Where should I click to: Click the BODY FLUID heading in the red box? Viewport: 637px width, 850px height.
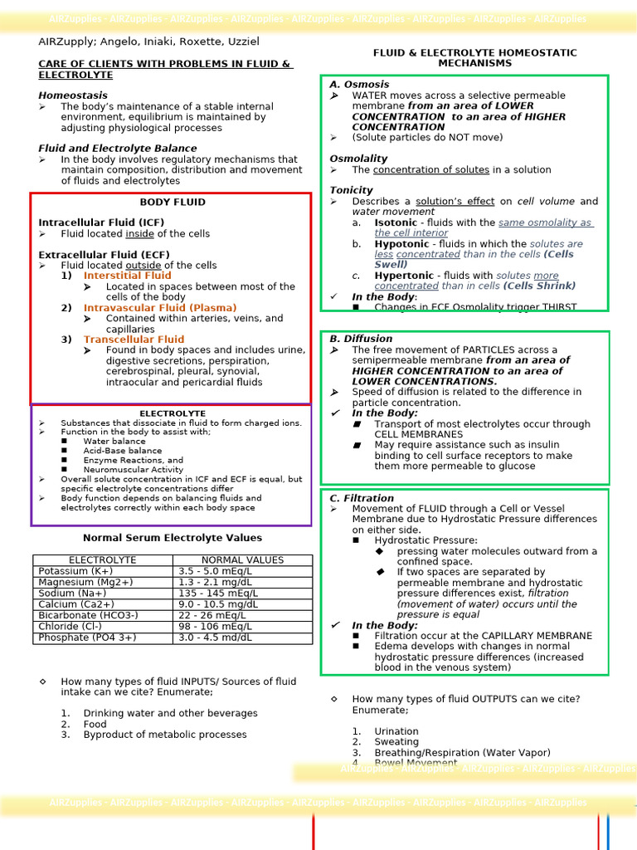pos(173,202)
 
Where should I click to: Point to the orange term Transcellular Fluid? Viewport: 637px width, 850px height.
pos(134,340)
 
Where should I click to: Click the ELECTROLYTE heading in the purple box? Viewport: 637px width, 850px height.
pos(172,413)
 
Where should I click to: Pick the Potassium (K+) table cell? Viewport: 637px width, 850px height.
pos(75,571)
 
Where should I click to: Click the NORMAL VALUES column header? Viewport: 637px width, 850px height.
pos(242,560)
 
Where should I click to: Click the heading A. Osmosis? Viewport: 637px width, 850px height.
pos(359,85)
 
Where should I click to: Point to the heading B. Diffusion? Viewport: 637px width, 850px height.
pos(361,339)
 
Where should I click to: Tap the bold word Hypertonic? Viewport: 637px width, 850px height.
pos(404,276)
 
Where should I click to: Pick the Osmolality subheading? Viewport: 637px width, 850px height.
pos(358,159)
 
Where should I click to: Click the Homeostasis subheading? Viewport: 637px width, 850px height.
pos(72,95)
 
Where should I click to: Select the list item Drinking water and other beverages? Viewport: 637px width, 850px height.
pos(170,713)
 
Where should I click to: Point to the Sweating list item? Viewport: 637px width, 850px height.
pos(396,742)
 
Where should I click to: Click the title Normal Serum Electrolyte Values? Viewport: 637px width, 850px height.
pos(173,538)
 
